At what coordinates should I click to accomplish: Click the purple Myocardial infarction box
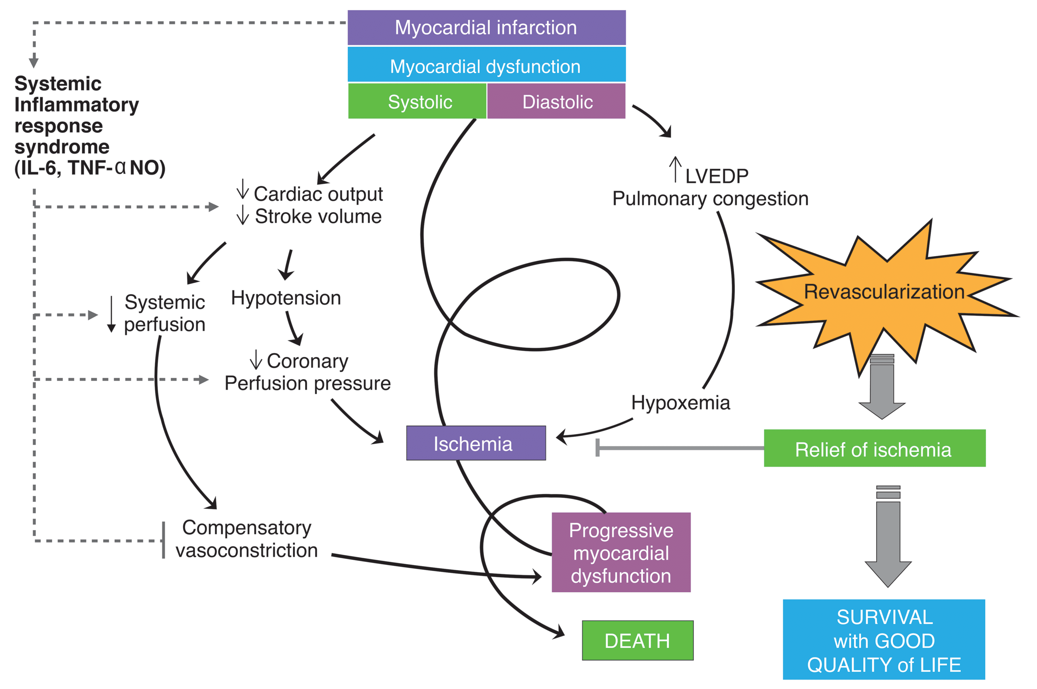click(x=486, y=28)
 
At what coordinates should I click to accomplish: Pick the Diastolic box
click(x=556, y=102)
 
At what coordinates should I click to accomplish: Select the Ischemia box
click(x=476, y=444)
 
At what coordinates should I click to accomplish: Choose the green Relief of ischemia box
click(x=874, y=449)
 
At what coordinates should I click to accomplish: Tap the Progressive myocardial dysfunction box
click(x=621, y=552)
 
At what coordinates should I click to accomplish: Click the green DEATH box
click(x=637, y=641)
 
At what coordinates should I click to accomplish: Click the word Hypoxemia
click(x=680, y=403)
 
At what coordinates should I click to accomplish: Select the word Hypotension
click(x=286, y=298)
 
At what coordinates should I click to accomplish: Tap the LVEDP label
click(x=716, y=176)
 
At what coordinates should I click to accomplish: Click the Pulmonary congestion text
click(x=710, y=198)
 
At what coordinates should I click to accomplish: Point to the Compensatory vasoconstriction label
click(x=247, y=539)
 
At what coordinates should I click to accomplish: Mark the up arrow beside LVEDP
click(x=675, y=169)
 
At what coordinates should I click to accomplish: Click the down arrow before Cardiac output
click(x=243, y=190)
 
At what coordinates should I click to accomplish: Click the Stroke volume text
click(x=318, y=217)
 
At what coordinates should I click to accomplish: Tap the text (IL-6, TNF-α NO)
click(x=90, y=168)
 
